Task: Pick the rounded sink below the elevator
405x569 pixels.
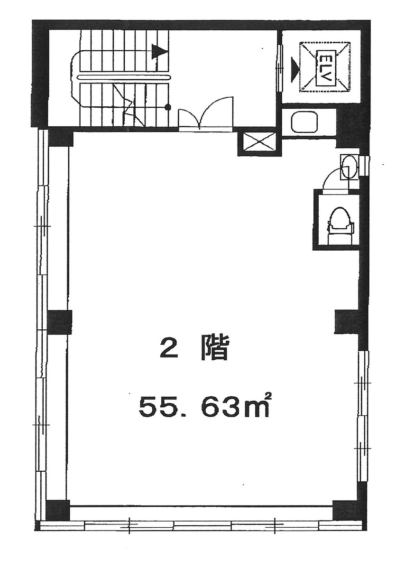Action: [x=304, y=122]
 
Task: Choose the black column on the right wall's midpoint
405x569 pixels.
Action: [x=347, y=321]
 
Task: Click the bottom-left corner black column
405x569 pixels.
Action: [x=58, y=510]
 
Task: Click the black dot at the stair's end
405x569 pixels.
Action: [x=167, y=107]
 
